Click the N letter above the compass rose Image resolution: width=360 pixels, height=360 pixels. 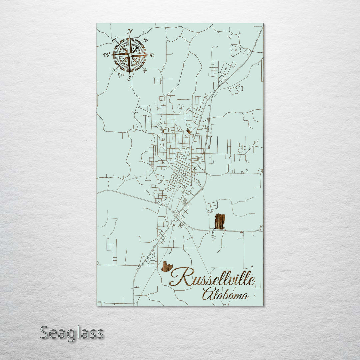[x=130, y=31]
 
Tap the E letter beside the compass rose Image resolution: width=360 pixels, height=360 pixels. [x=152, y=55]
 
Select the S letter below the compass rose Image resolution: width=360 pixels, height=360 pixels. [x=129, y=79]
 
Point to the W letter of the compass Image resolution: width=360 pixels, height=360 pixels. [x=106, y=55]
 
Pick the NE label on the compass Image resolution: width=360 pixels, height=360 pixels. [x=145, y=40]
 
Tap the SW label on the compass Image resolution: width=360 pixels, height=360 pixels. [x=114, y=70]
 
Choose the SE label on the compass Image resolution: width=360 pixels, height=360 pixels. [x=145, y=70]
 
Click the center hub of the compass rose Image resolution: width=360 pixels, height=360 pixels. [x=130, y=55]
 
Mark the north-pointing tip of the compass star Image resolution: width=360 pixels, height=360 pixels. [x=130, y=36]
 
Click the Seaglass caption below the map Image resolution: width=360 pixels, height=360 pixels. [x=72, y=333]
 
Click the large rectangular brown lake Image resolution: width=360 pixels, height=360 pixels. [x=220, y=222]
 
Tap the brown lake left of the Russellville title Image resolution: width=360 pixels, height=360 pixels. [x=167, y=267]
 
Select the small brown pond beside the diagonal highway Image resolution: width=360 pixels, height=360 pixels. [x=189, y=132]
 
